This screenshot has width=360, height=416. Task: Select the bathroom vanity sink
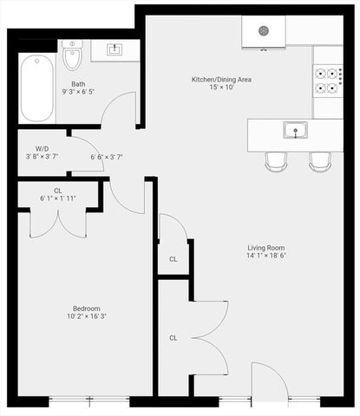115,50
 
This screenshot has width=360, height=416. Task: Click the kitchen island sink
296,132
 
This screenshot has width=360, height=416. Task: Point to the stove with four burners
327,81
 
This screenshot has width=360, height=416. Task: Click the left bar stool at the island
276,160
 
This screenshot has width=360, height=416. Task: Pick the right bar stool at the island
320,160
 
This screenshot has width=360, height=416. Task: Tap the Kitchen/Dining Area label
221,80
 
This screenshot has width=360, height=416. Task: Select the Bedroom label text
87,308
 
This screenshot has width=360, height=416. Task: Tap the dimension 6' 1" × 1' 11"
58,198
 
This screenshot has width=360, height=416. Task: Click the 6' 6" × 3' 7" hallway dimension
107,157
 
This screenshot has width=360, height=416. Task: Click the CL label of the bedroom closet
58,191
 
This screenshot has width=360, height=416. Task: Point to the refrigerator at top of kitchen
264,30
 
